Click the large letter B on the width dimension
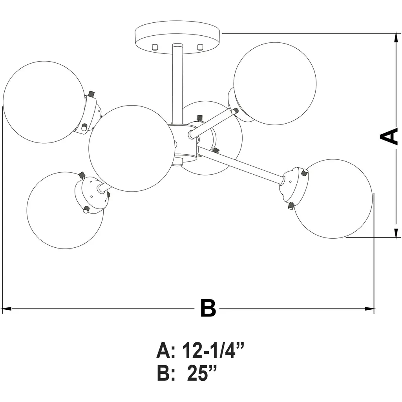pos(208,308)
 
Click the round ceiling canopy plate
pos(177,37)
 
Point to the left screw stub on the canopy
pos(155,47)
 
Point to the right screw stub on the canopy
pos(200,47)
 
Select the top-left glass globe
pos(44,102)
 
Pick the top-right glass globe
pos(275,84)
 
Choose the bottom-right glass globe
pos(333,199)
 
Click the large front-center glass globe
pos(132,148)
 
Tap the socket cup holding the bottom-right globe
pos(294,185)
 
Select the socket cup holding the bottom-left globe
pos(91,195)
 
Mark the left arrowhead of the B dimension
pos(7,309)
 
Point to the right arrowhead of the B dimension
pos(370,309)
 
